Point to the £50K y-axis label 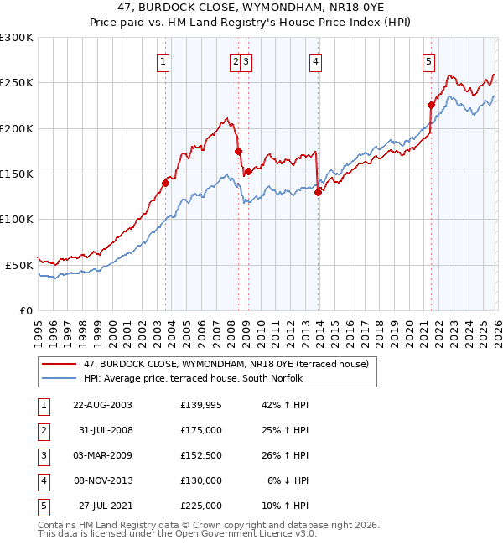click(x=19, y=265)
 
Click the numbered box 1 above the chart click(x=163, y=60)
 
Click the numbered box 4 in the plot click(x=315, y=60)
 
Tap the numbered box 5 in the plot click(x=428, y=60)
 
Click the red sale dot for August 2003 click(x=166, y=184)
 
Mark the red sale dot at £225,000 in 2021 click(x=431, y=106)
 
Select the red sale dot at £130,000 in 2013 click(x=318, y=192)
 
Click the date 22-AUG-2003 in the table click(x=102, y=405)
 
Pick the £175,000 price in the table click(x=201, y=430)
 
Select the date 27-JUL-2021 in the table click(x=102, y=506)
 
